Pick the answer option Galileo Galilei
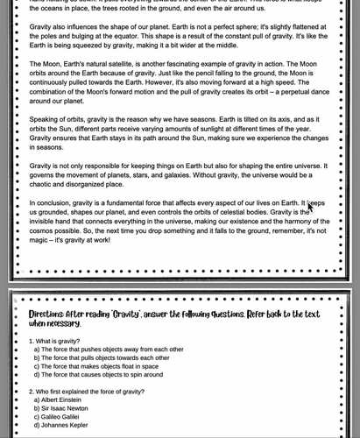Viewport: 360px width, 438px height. tap(61, 417)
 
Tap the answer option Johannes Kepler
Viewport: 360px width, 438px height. tap(64, 426)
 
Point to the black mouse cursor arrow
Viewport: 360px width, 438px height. tap(310, 207)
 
